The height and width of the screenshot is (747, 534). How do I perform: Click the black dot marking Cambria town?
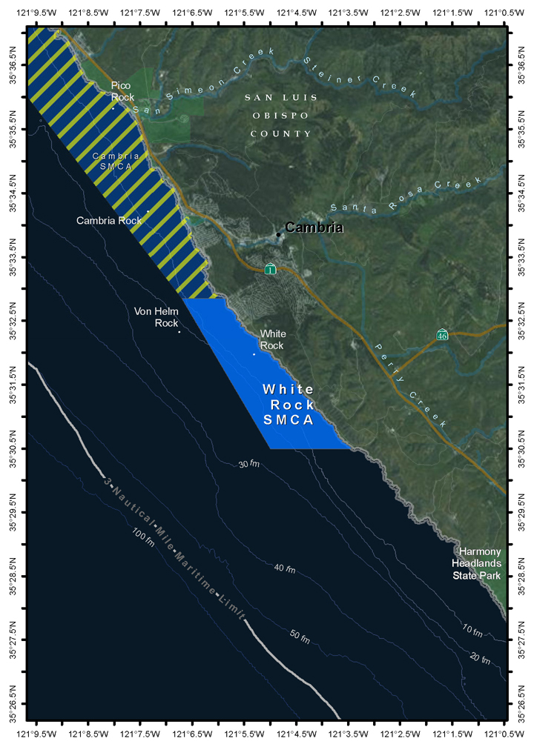coord(279,234)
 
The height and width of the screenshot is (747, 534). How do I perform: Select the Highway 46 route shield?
coord(442,334)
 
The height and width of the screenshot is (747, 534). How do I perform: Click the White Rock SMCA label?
coord(289,405)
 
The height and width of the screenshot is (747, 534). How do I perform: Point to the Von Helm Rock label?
coord(156,317)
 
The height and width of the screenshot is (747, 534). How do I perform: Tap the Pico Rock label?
coord(121,91)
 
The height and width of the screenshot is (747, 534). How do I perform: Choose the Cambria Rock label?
coord(109,221)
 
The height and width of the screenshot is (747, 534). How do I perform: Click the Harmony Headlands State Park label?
coord(480,563)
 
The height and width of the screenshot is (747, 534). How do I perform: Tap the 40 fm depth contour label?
coord(285,569)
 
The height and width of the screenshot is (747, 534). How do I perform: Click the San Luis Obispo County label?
coord(281,116)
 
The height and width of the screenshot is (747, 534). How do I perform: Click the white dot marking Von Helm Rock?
coord(179,331)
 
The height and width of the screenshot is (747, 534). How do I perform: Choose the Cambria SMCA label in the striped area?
coord(116,161)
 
